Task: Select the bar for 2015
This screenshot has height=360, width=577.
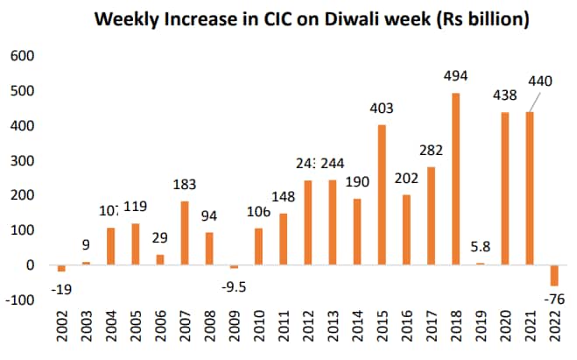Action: tap(382, 195)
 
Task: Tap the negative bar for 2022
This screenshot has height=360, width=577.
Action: tap(554, 275)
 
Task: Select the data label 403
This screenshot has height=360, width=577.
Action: tap(382, 110)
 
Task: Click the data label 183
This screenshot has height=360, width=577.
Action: tap(185, 186)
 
